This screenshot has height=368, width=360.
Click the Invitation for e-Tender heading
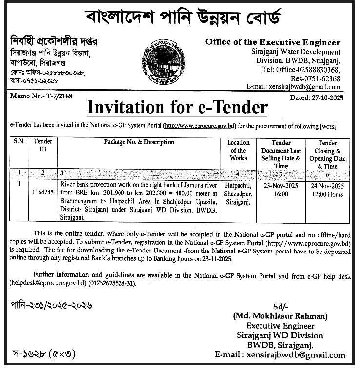click(x=177, y=107)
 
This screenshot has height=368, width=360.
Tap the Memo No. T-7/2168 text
click(x=41, y=97)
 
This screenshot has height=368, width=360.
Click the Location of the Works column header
click(x=239, y=150)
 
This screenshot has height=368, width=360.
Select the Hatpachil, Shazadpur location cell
click(x=239, y=193)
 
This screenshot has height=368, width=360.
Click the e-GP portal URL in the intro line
click(x=200, y=126)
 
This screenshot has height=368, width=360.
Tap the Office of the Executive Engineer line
click(x=273, y=42)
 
